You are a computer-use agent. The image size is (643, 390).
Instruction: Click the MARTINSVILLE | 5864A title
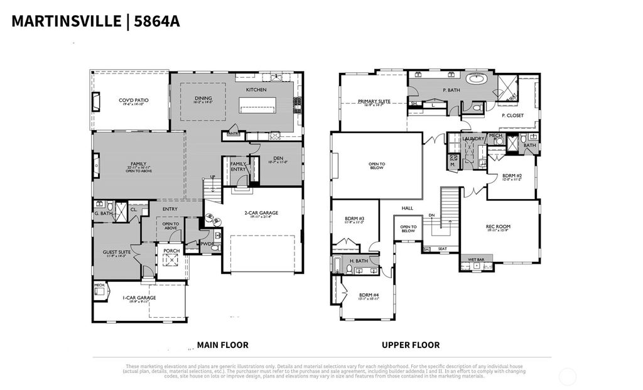click(x=95, y=21)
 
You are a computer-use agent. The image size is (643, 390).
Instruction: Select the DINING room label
click(x=203, y=99)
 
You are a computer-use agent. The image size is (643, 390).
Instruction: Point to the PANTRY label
click(x=234, y=134)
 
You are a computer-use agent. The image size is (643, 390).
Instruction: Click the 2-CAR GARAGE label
click(x=261, y=213)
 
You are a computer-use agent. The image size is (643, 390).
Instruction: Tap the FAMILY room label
click(x=138, y=164)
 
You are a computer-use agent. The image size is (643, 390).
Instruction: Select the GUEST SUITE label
click(x=117, y=252)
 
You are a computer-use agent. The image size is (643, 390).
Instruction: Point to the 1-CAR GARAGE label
click(x=139, y=298)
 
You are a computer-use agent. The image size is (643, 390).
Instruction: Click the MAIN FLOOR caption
click(x=222, y=345)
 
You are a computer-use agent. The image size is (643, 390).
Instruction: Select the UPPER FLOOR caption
click(x=411, y=345)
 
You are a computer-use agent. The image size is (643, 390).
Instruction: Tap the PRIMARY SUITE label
click(x=374, y=101)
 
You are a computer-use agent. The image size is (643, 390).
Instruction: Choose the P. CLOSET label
click(x=512, y=116)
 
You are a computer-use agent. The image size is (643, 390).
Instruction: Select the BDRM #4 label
click(x=369, y=295)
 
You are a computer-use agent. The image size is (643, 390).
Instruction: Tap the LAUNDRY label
click(x=472, y=139)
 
